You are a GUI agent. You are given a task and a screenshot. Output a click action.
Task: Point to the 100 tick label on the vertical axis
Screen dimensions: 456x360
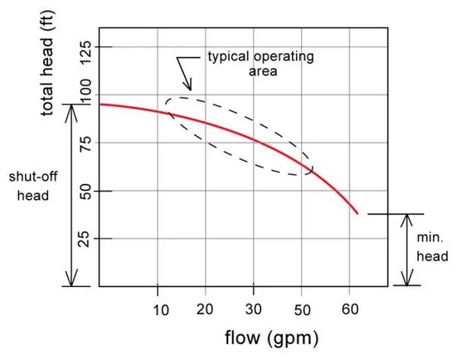pyautogui.click(x=85, y=93)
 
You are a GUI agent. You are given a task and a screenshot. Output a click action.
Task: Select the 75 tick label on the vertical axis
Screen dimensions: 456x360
pyautogui.click(x=85, y=143)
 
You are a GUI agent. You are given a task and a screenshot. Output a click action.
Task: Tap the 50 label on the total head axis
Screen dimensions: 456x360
pyautogui.click(x=85, y=192)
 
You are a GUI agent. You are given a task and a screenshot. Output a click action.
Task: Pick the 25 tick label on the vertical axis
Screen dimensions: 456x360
pyautogui.click(x=85, y=239)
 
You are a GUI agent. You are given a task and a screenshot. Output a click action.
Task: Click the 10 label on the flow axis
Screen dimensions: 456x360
pyautogui.click(x=161, y=310)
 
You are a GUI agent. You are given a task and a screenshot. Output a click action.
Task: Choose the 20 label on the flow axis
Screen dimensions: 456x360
pyautogui.click(x=205, y=309)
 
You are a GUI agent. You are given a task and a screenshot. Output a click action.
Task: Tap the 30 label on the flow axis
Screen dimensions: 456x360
pyautogui.click(x=253, y=309)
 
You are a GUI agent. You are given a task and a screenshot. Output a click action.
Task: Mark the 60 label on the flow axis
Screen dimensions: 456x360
pyautogui.click(x=350, y=309)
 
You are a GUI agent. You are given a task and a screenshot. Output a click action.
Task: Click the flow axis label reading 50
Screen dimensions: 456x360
pyautogui.click(x=302, y=310)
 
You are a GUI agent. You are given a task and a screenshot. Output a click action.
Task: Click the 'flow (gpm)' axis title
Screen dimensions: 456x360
pyautogui.click(x=272, y=338)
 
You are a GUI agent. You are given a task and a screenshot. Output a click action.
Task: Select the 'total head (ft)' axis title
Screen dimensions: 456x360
pyautogui.click(x=46, y=63)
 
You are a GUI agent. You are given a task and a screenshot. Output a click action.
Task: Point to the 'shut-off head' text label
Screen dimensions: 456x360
pyautogui.click(x=33, y=186)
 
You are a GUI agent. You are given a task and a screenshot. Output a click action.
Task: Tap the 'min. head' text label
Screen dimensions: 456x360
pyautogui.click(x=432, y=247)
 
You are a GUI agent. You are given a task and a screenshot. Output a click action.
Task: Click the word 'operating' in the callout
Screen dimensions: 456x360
pyautogui.click(x=284, y=56)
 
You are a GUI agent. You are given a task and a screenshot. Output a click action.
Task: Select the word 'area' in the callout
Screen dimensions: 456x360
pyautogui.click(x=263, y=71)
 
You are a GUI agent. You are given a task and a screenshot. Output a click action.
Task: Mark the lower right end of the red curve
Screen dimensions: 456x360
pyautogui.click(x=357, y=214)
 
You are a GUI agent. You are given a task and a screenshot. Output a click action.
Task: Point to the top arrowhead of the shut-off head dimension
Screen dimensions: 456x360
pyautogui.click(x=71, y=110)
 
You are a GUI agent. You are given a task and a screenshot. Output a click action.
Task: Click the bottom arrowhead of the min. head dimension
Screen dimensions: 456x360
pyautogui.click(x=407, y=279)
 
